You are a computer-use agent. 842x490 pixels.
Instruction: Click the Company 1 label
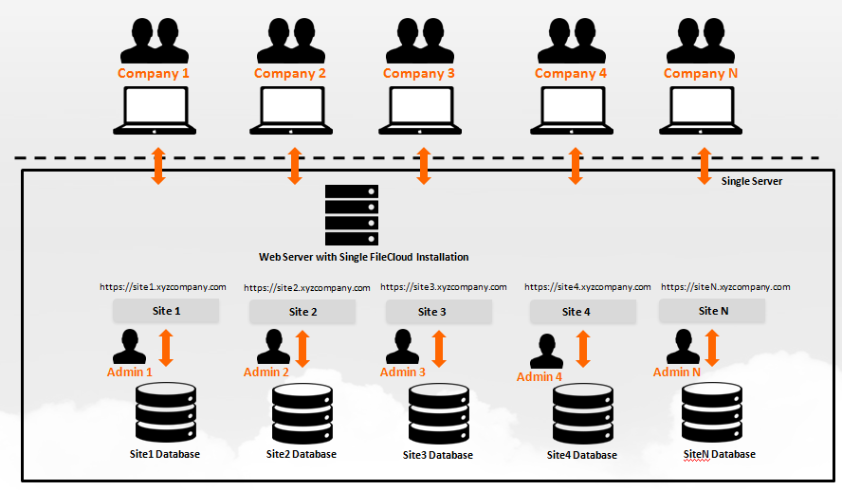(154, 73)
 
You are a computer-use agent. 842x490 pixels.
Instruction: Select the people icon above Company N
(703, 41)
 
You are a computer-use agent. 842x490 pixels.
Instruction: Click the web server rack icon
(351, 214)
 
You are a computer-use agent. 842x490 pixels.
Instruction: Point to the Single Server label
(752, 180)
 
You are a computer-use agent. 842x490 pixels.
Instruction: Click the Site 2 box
(302, 312)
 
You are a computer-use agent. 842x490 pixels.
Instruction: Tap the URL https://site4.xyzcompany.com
(587, 287)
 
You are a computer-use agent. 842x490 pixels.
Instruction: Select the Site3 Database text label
(438, 455)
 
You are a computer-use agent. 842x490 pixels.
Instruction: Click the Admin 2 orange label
(266, 372)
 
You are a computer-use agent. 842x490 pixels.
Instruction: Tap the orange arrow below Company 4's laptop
(575, 165)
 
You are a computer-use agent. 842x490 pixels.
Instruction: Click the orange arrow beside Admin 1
(167, 348)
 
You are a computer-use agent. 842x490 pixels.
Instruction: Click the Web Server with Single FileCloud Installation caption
(363, 257)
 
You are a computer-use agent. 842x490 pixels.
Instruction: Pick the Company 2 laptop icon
(290, 110)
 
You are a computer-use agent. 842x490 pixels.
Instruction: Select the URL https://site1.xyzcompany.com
(163, 286)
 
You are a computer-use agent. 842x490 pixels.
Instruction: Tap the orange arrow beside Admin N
(712, 348)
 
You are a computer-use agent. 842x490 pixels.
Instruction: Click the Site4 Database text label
(581, 455)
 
